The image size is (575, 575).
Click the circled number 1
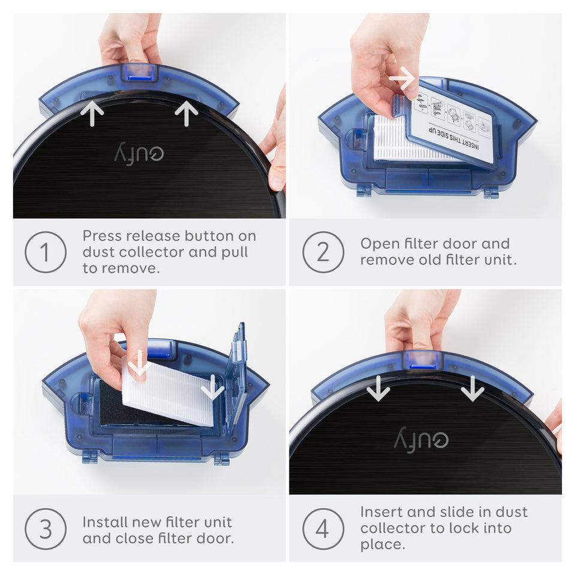click(x=46, y=252)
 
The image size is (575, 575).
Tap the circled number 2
click(x=323, y=252)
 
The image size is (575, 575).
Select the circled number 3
click(x=46, y=529)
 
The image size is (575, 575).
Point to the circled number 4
click(x=323, y=529)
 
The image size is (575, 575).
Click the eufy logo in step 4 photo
click(x=421, y=440)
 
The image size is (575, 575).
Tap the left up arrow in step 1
click(x=92, y=113)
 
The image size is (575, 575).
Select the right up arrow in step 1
click(x=186, y=113)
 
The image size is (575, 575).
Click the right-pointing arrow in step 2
click(x=402, y=78)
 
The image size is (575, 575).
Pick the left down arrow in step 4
click(x=378, y=389)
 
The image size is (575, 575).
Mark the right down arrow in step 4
click(x=473, y=389)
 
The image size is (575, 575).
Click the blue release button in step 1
click(x=140, y=73)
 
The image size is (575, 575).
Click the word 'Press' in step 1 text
click(x=102, y=236)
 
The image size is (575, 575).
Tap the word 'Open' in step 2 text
click(x=379, y=244)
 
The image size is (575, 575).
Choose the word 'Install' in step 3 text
click(x=105, y=522)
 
